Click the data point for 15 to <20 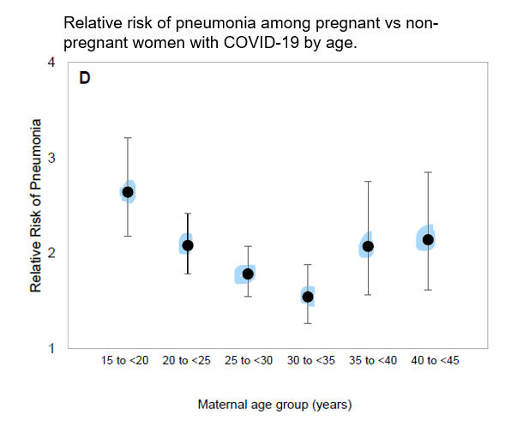[x=128, y=192]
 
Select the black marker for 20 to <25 [x=188, y=245]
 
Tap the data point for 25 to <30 [x=248, y=274]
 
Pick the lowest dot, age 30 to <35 [x=308, y=297]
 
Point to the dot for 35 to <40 [x=368, y=246]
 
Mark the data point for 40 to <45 [x=428, y=239]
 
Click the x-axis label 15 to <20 [x=125, y=361]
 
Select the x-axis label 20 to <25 [x=188, y=361]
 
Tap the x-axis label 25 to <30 [x=249, y=361]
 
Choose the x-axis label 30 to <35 [x=311, y=361]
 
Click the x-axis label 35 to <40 [x=373, y=361]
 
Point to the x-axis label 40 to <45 [x=435, y=361]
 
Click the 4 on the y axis [x=51, y=63]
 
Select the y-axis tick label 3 [x=51, y=158]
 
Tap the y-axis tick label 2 [x=51, y=253]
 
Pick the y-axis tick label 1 [x=51, y=348]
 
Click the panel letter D [x=85, y=78]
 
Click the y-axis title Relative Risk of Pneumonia [x=35, y=206]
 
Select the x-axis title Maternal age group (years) [x=275, y=402]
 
